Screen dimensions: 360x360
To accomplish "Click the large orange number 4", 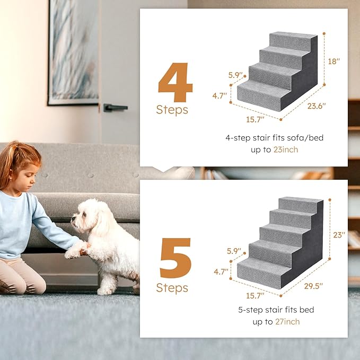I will (x=175, y=84).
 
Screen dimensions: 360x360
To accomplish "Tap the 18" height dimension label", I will (x=334, y=62).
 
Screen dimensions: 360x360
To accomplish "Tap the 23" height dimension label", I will (x=339, y=234).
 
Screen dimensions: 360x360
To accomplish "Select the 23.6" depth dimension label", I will (x=317, y=106).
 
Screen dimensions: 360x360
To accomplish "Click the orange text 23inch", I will (x=286, y=150).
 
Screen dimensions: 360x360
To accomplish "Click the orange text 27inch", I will (x=287, y=322).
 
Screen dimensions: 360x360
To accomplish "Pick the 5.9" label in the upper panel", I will (x=235, y=75).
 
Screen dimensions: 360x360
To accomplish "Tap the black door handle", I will (x=115, y=108).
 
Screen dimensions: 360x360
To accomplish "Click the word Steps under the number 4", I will (x=172, y=110).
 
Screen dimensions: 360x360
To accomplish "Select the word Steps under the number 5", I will (x=172, y=288).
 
